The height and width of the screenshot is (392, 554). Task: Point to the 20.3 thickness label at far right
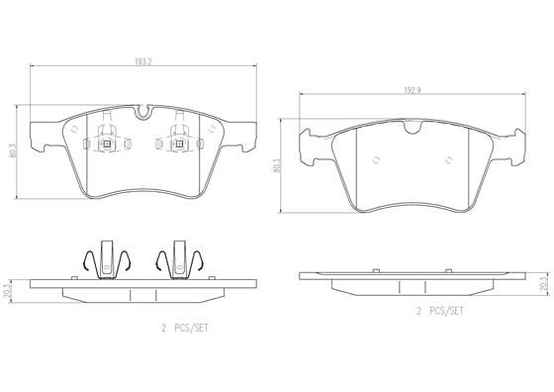coord(543,284)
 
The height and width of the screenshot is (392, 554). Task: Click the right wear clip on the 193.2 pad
coord(180,144)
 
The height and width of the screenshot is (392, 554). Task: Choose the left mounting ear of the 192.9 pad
coord(312,143)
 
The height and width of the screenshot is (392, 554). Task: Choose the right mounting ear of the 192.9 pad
coord(514,143)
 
